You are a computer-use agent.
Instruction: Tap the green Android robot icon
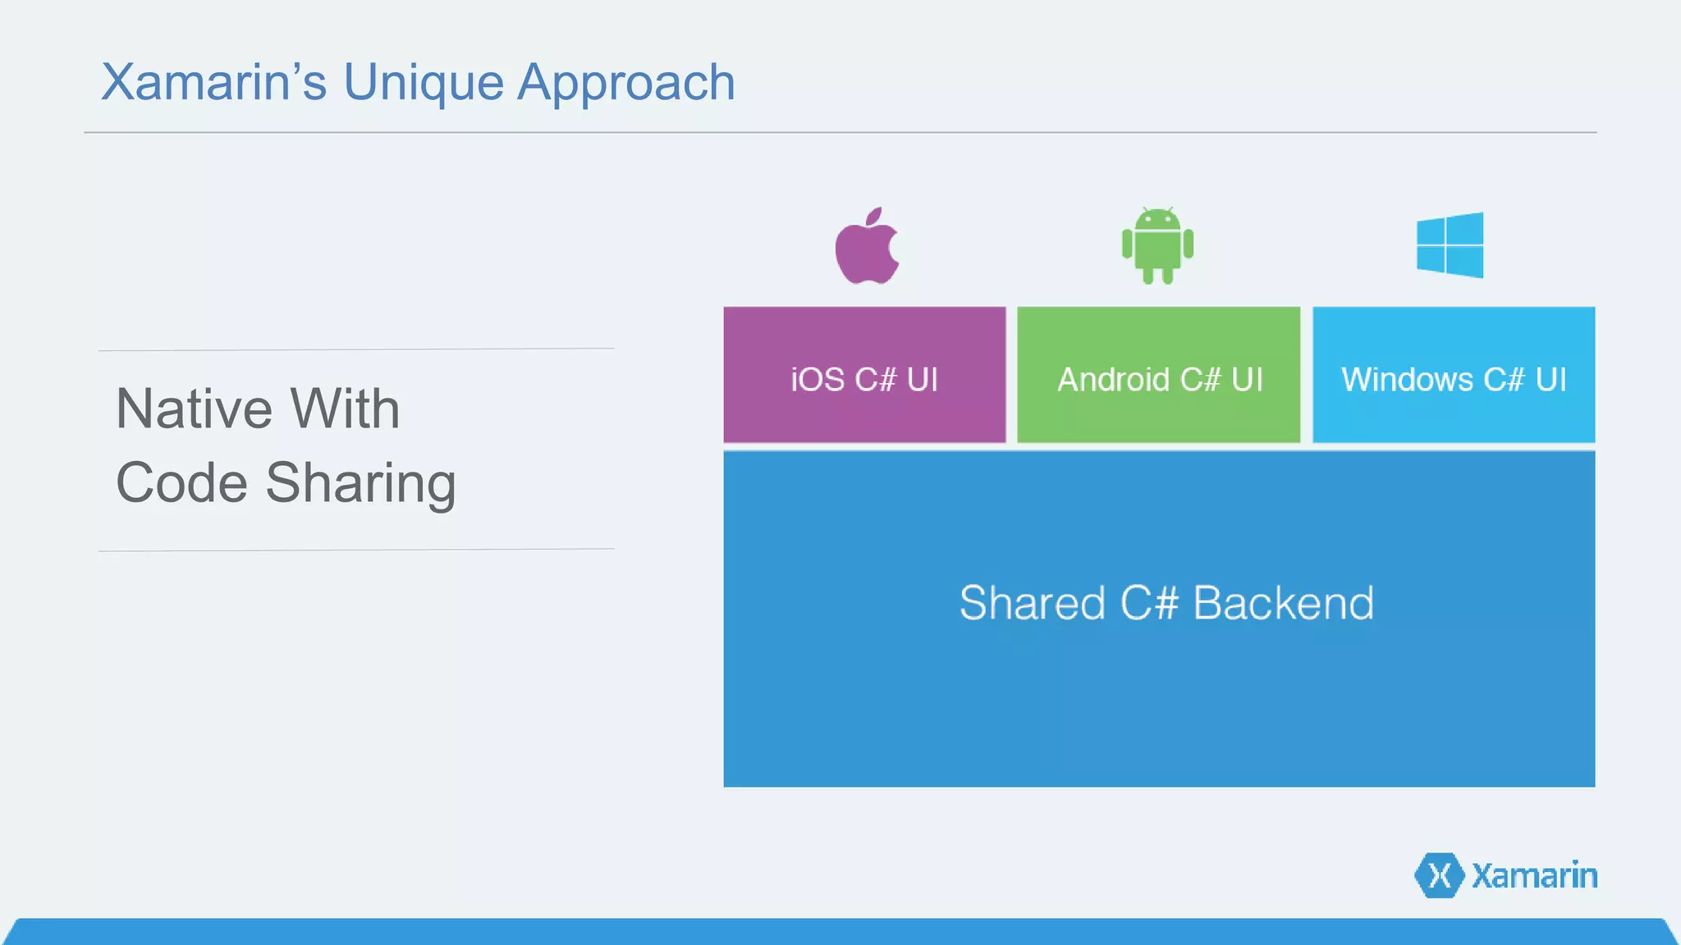coord(1157,246)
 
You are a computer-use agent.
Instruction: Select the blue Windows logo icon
coord(1450,245)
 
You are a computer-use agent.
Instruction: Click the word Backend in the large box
coord(1283,604)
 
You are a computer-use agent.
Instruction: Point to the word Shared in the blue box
coord(1032,604)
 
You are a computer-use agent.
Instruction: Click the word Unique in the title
coord(423,83)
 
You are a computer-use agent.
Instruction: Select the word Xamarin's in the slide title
coord(213,83)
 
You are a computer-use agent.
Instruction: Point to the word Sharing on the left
coord(360,484)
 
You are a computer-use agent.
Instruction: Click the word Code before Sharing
coord(181,483)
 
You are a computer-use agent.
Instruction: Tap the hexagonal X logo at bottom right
coord(1439,875)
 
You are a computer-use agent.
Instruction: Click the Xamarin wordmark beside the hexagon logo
coord(1534,876)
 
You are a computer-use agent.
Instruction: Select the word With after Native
coord(345,409)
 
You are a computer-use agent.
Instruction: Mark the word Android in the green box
coord(1113,380)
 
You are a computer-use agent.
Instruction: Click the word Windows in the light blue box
coord(1407,380)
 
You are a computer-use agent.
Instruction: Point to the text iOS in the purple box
coord(818,380)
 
